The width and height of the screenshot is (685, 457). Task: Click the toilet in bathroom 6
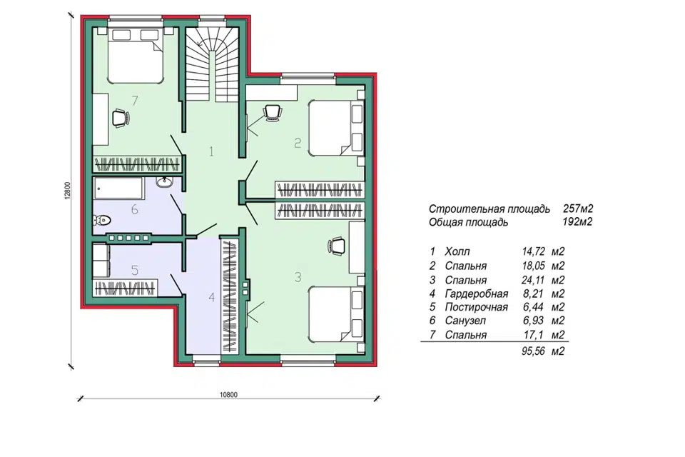pyautogui.click(x=102, y=220)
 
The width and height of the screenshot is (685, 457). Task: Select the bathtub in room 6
pyautogui.click(x=118, y=188)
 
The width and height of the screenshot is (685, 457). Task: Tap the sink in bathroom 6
pyautogui.click(x=165, y=182)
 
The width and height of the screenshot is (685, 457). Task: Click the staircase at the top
pyautogui.click(x=212, y=65)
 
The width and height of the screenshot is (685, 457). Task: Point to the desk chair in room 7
pyautogui.click(x=121, y=118)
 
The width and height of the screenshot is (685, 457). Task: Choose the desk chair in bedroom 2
pyautogui.click(x=273, y=112)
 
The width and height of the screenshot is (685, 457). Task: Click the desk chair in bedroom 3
pyautogui.click(x=336, y=246)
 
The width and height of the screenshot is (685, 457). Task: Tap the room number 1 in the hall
pyautogui.click(x=212, y=152)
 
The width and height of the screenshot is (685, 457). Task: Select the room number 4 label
pyautogui.click(x=212, y=297)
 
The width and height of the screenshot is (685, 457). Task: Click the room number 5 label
pyautogui.click(x=135, y=270)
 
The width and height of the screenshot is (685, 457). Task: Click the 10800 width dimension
pyautogui.click(x=228, y=394)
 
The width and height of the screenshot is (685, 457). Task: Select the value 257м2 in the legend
pyautogui.click(x=578, y=209)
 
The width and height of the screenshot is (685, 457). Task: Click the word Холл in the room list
pyautogui.click(x=457, y=251)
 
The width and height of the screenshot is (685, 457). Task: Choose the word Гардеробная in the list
pyautogui.click(x=477, y=293)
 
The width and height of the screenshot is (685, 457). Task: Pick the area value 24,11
pyautogui.click(x=533, y=280)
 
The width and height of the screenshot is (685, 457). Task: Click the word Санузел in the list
pyautogui.click(x=465, y=321)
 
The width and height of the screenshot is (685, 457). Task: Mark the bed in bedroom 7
pyautogui.click(x=135, y=56)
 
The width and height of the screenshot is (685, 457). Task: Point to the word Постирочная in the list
pyautogui.click(x=477, y=307)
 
